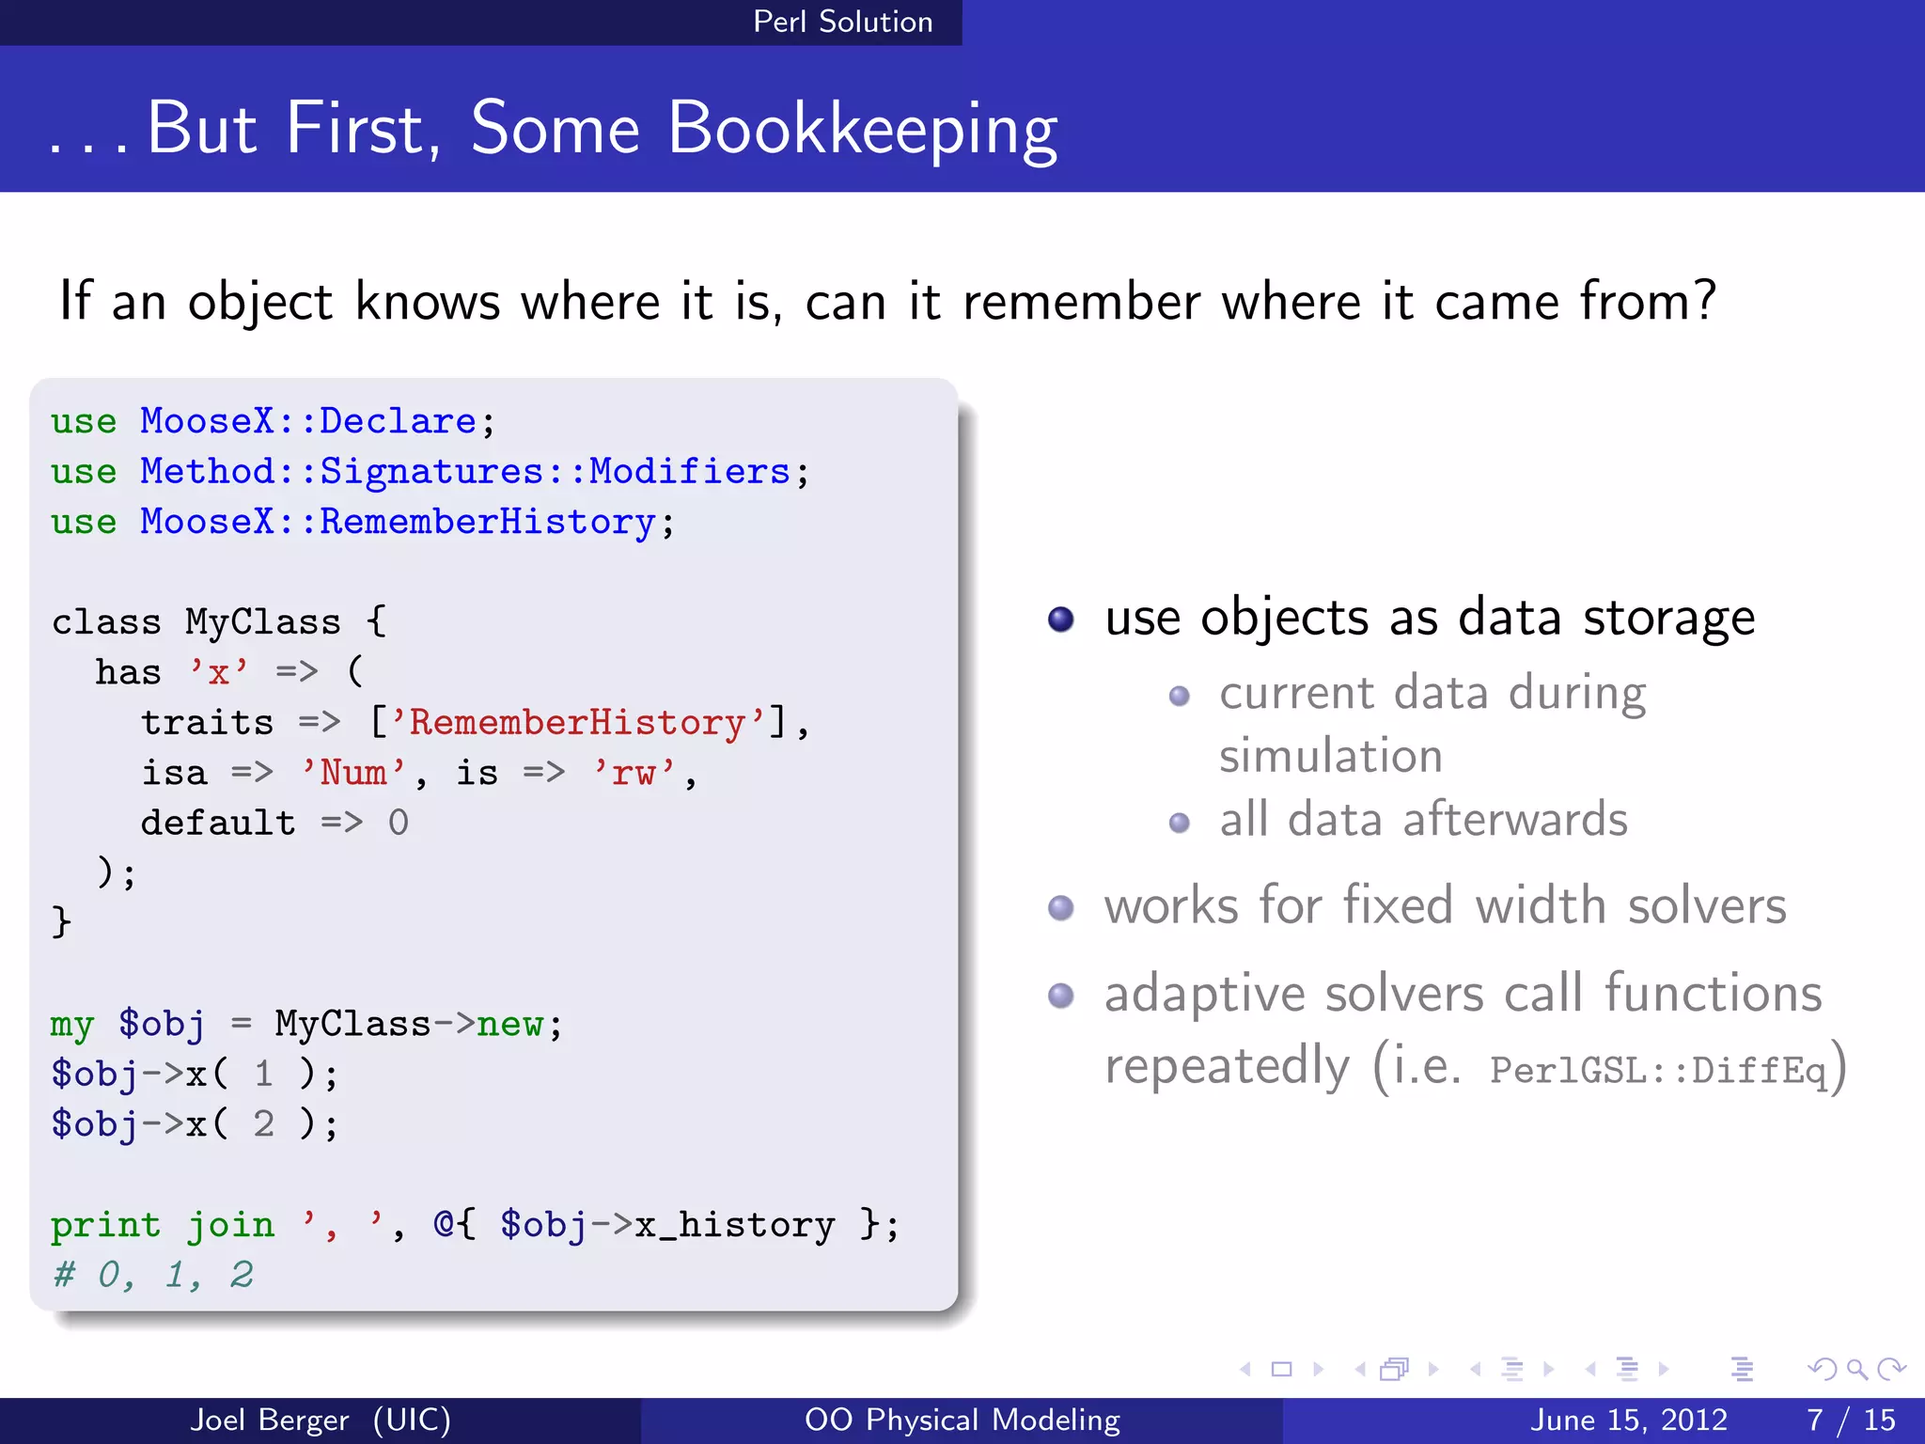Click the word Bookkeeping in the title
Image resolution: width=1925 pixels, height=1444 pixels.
pyautogui.click(x=862, y=130)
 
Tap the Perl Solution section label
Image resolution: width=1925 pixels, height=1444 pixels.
pyautogui.click(x=842, y=22)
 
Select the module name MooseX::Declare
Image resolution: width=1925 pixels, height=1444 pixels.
pyautogui.click(x=307, y=421)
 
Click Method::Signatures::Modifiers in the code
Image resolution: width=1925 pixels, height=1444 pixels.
pyautogui.click(x=464, y=471)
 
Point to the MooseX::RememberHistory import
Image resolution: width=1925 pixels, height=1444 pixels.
pyautogui.click(x=397, y=522)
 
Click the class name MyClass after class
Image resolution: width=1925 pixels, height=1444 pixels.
pyautogui.click(x=262, y=622)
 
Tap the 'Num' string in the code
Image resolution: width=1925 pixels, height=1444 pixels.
pyautogui.click(x=353, y=773)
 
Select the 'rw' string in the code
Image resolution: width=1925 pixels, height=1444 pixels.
pyautogui.click(x=634, y=773)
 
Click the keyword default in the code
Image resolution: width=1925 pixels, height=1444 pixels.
pyautogui.click(x=217, y=824)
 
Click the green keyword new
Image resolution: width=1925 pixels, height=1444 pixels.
pyautogui.click(x=509, y=1024)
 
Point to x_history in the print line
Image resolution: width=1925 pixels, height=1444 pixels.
pyautogui.click(x=734, y=1225)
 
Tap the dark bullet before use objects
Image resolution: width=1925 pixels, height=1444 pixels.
pyautogui.click(x=1061, y=620)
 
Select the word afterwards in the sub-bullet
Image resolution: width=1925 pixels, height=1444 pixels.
pyautogui.click(x=1514, y=819)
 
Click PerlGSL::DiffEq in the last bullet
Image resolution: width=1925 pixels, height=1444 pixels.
pyautogui.click(x=1658, y=1070)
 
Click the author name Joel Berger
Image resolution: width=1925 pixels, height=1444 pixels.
pyautogui.click(x=270, y=1420)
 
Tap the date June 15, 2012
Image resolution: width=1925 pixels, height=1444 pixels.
pyautogui.click(x=1629, y=1420)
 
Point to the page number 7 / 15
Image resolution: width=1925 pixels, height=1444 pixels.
pyautogui.click(x=1850, y=1420)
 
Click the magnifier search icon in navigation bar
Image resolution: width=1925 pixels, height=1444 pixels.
pyautogui.click(x=1856, y=1370)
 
